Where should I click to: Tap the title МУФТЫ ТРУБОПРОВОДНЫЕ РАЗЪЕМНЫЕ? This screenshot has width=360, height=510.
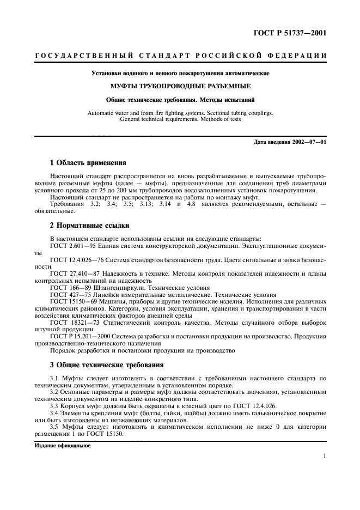tap(180, 86)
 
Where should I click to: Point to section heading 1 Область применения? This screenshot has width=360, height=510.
tap(88, 162)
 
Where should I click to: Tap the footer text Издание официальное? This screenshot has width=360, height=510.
tap(62, 445)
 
